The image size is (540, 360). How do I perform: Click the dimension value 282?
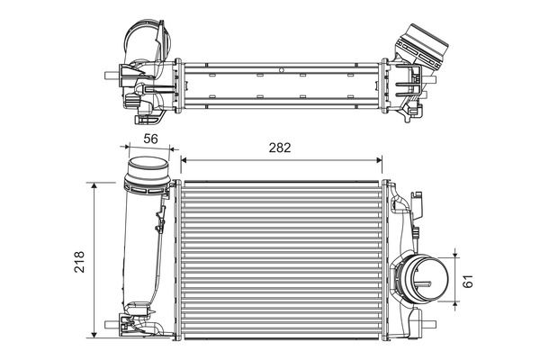tap(280, 148)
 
